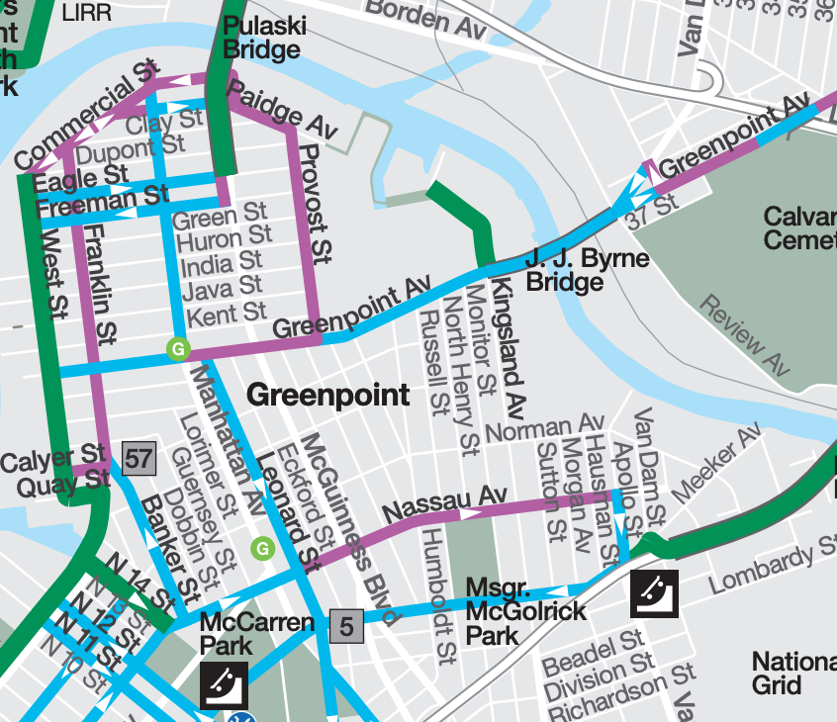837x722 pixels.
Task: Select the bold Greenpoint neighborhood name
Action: pyautogui.click(x=327, y=396)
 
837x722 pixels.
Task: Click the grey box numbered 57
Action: pyautogui.click(x=139, y=457)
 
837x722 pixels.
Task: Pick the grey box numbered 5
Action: pyautogui.click(x=346, y=625)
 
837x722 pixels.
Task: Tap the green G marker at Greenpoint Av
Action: pyautogui.click(x=178, y=348)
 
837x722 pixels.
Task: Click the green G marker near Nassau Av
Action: pyautogui.click(x=262, y=547)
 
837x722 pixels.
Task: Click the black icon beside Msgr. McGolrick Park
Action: pyautogui.click(x=654, y=593)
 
